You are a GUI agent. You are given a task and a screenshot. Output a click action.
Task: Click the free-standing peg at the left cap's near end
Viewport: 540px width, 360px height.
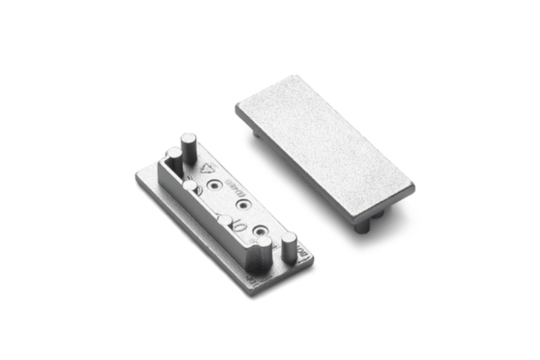point(289,246)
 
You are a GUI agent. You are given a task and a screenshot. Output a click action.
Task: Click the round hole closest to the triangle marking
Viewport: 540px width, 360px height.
point(213,187)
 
